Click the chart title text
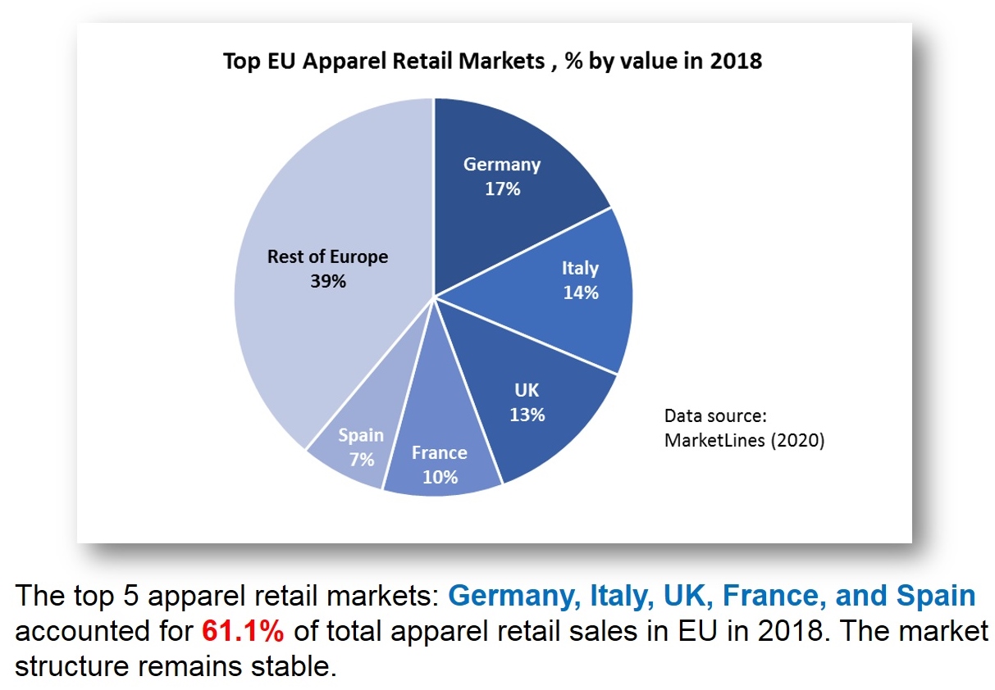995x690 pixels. (x=492, y=61)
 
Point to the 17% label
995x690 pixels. (x=502, y=188)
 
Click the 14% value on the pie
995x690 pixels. (x=581, y=293)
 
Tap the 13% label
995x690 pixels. (x=527, y=415)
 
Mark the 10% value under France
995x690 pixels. (x=440, y=477)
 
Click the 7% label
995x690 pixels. (x=361, y=460)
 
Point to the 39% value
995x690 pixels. (x=328, y=281)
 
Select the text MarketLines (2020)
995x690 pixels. (x=744, y=440)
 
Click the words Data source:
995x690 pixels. (x=715, y=415)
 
